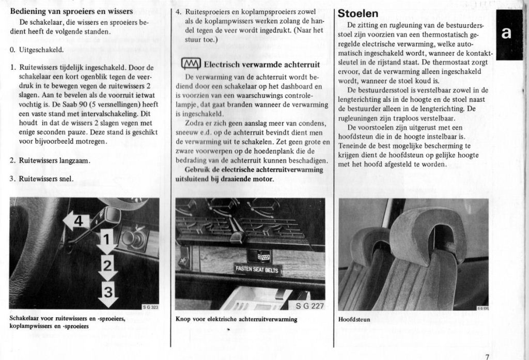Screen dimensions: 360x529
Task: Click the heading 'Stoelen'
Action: [x=357, y=13]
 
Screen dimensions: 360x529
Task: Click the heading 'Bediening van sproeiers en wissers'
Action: [x=71, y=11]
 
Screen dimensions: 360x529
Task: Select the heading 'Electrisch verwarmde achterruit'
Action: [x=261, y=65]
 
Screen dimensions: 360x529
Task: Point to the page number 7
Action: [x=487, y=355]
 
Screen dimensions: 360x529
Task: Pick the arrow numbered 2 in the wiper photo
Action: [x=107, y=267]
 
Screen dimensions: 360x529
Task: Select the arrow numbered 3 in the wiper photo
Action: [x=107, y=293]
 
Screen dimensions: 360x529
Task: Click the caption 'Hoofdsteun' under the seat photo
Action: [x=354, y=320]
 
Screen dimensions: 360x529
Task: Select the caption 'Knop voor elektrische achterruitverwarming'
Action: [x=236, y=319]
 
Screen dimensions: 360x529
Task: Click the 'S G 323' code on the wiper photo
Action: [x=151, y=307]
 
